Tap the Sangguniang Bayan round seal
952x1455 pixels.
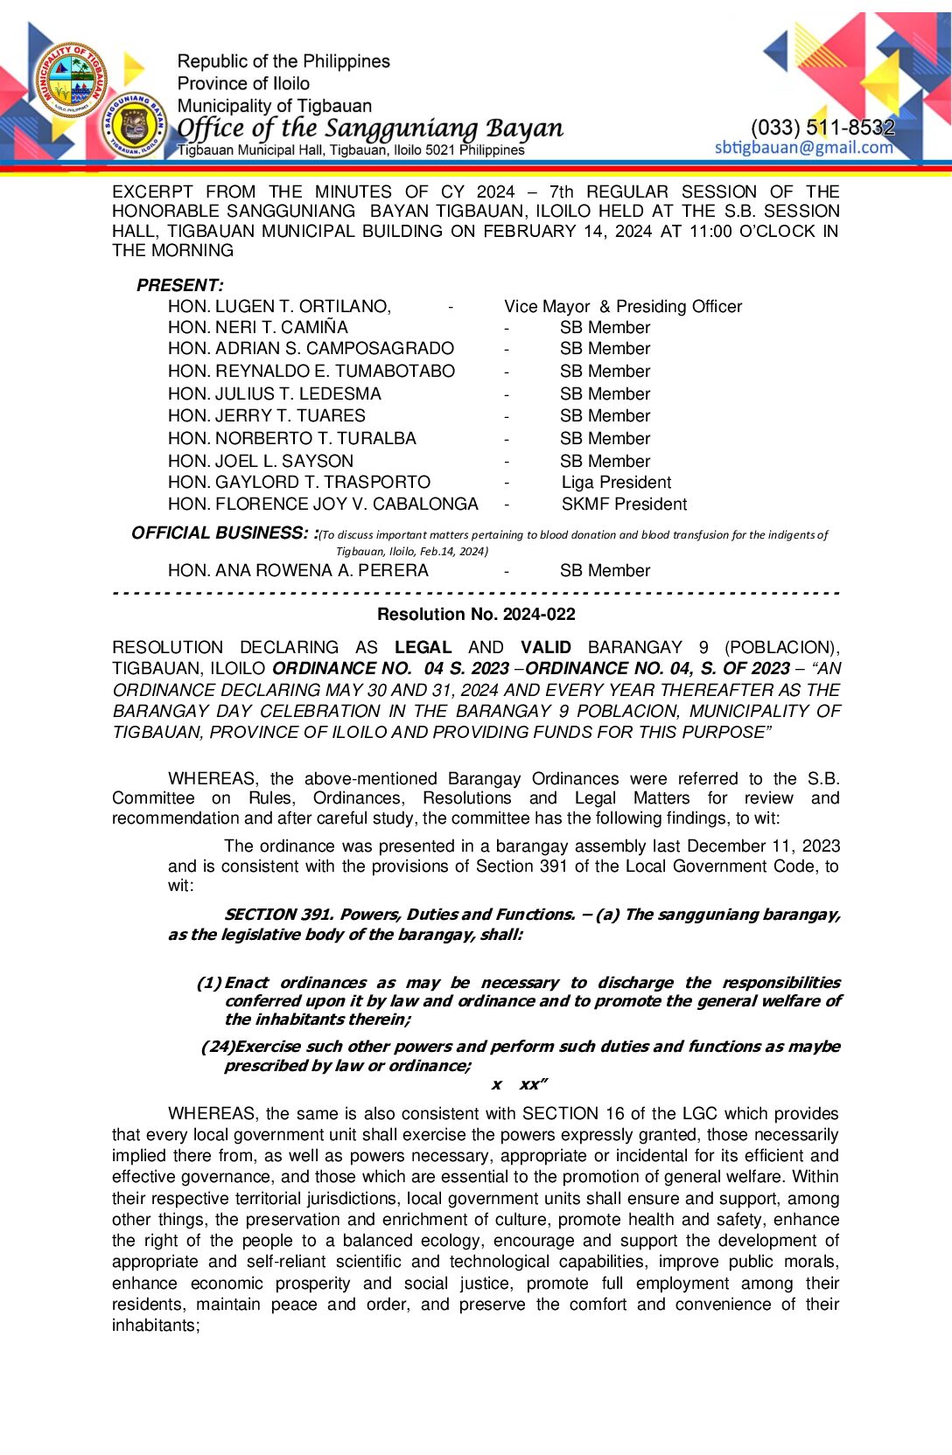tap(134, 126)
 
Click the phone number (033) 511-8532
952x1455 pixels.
tap(822, 127)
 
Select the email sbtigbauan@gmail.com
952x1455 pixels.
tap(803, 147)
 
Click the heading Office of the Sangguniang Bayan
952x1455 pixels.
tap(370, 128)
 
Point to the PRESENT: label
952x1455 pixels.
tap(179, 285)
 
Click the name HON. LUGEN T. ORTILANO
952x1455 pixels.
tap(279, 306)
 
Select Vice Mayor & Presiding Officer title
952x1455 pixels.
tap(622, 306)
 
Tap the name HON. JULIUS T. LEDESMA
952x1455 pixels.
tap(274, 393)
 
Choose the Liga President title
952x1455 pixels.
tap(616, 482)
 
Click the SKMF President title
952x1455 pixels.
tap(624, 504)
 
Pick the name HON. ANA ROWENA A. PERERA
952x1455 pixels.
tap(297, 570)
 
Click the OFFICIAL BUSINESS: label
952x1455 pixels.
tap(223, 533)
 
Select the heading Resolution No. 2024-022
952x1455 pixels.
tap(476, 614)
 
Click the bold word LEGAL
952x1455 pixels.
tap(423, 647)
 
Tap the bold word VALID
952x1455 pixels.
tap(545, 647)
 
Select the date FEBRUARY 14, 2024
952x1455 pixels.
tap(567, 231)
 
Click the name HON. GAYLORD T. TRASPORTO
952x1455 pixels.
tap(298, 482)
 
